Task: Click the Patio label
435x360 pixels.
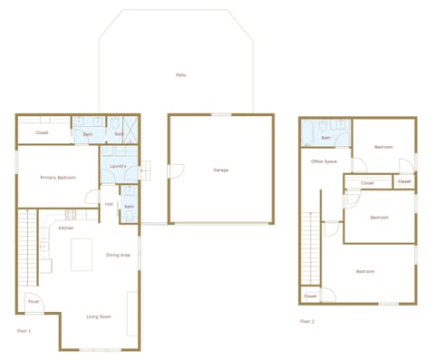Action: (181, 74)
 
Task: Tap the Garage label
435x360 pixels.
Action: (220, 170)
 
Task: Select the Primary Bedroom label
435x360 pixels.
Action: (57, 178)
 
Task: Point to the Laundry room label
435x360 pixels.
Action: (117, 166)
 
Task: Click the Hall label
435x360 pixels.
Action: (109, 204)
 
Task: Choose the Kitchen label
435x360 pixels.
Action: (66, 228)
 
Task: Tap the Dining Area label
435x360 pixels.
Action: (119, 255)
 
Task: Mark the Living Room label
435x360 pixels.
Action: (99, 316)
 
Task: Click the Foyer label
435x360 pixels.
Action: (34, 301)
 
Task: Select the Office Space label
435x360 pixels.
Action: (324, 161)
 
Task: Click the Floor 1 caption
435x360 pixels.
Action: (24, 331)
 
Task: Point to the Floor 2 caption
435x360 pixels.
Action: (306, 320)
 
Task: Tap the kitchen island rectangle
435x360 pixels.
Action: (83, 254)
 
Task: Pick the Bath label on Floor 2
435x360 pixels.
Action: (326, 138)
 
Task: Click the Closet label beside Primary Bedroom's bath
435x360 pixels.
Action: (42, 133)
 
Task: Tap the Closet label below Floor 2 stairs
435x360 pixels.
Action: (310, 296)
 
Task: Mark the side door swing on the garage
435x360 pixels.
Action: (177, 170)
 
